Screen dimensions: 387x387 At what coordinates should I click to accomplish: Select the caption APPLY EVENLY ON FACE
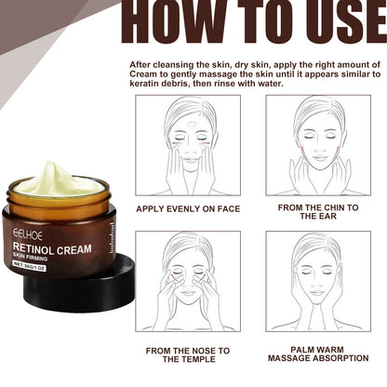(188, 208)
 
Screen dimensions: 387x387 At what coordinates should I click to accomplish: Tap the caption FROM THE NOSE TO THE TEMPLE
(188, 354)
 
